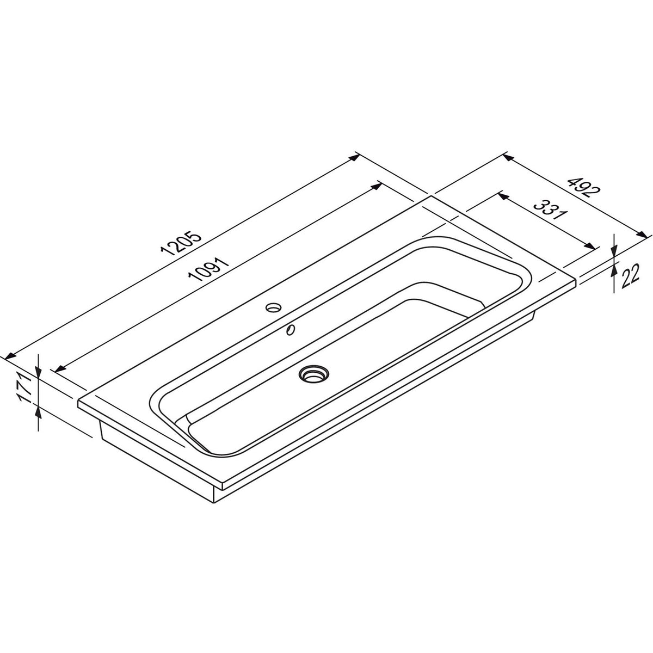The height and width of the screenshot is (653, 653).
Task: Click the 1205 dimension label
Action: point(182,243)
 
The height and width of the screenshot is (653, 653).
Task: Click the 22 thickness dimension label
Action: point(630,276)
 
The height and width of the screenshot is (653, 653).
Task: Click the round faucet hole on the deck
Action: point(273,307)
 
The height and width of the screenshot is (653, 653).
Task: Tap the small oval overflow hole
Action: point(291,329)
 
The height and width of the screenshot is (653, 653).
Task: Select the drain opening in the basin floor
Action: point(314,374)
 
